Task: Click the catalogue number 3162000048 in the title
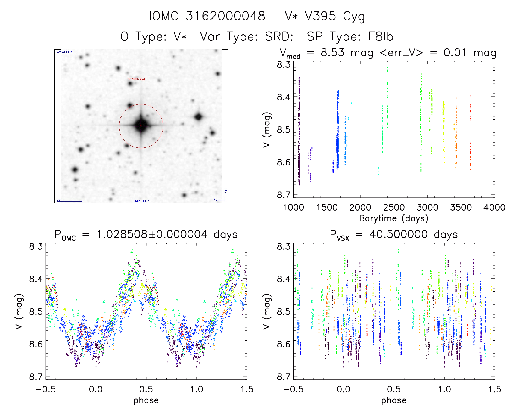click(x=225, y=16)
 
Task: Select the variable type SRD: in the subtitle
click(x=279, y=37)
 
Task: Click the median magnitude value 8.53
click(x=332, y=53)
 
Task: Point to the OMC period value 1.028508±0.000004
click(x=152, y=234)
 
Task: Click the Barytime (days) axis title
click(x=394, y=218)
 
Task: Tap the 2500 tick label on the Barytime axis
click(x=394, y=207)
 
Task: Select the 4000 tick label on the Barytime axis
click(x=494, y=207)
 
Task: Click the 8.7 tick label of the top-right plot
click(x=284, y=195)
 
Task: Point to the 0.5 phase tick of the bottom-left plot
click(x=146, y=389)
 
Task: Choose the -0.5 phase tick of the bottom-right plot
click(x=293, y=389)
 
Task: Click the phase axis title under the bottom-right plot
click(x=394, y=400)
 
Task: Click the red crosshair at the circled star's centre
click(x=141, y=126)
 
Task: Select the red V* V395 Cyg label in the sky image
click(x=137, y=79)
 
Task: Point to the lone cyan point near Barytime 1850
click(x=351, y=103)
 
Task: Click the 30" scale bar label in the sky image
click(x=59, y=200)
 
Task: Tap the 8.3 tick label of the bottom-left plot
click(x=36, y=246)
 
